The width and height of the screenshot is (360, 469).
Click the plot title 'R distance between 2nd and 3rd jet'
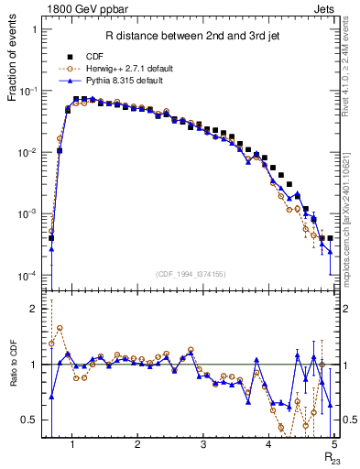[x=191, y=37]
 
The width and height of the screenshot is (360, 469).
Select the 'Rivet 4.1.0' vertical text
[x=348, y=62]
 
